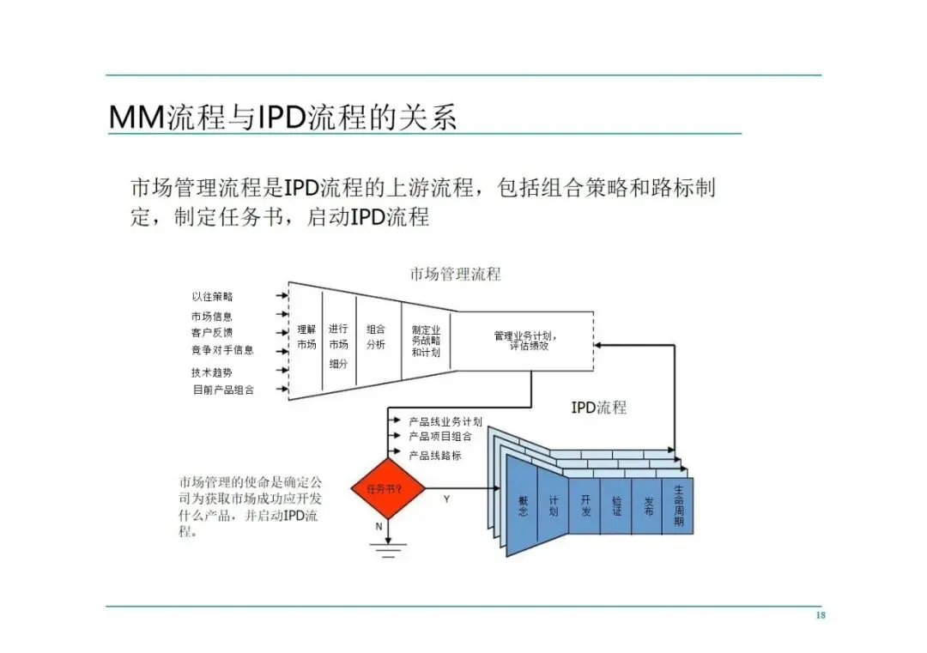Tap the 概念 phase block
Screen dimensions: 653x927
click(522, 506)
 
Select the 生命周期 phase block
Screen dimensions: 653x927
click(678, 506)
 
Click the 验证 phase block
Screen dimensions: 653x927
click(616, 506)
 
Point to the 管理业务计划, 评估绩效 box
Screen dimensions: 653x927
click(522, 341)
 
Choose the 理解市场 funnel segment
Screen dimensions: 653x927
click(306, 336)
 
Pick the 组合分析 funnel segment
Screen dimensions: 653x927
click(376, 336)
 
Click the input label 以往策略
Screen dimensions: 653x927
click(212, 297)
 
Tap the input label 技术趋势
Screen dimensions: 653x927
click(212, 372)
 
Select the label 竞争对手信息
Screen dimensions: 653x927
click(222, 350)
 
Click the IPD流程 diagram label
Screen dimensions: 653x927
click(599, 408)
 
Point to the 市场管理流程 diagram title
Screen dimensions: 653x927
click(455, 275)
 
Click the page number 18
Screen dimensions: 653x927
click(820, 616)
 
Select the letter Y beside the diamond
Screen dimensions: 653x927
click(446, 499)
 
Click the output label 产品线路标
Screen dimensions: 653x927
click(435, 456)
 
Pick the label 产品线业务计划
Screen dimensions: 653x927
click(445, 421)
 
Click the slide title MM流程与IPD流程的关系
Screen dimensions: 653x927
click(283, 118)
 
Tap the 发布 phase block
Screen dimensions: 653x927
click(648, 506)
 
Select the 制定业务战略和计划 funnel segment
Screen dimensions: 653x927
click(426, 341)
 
